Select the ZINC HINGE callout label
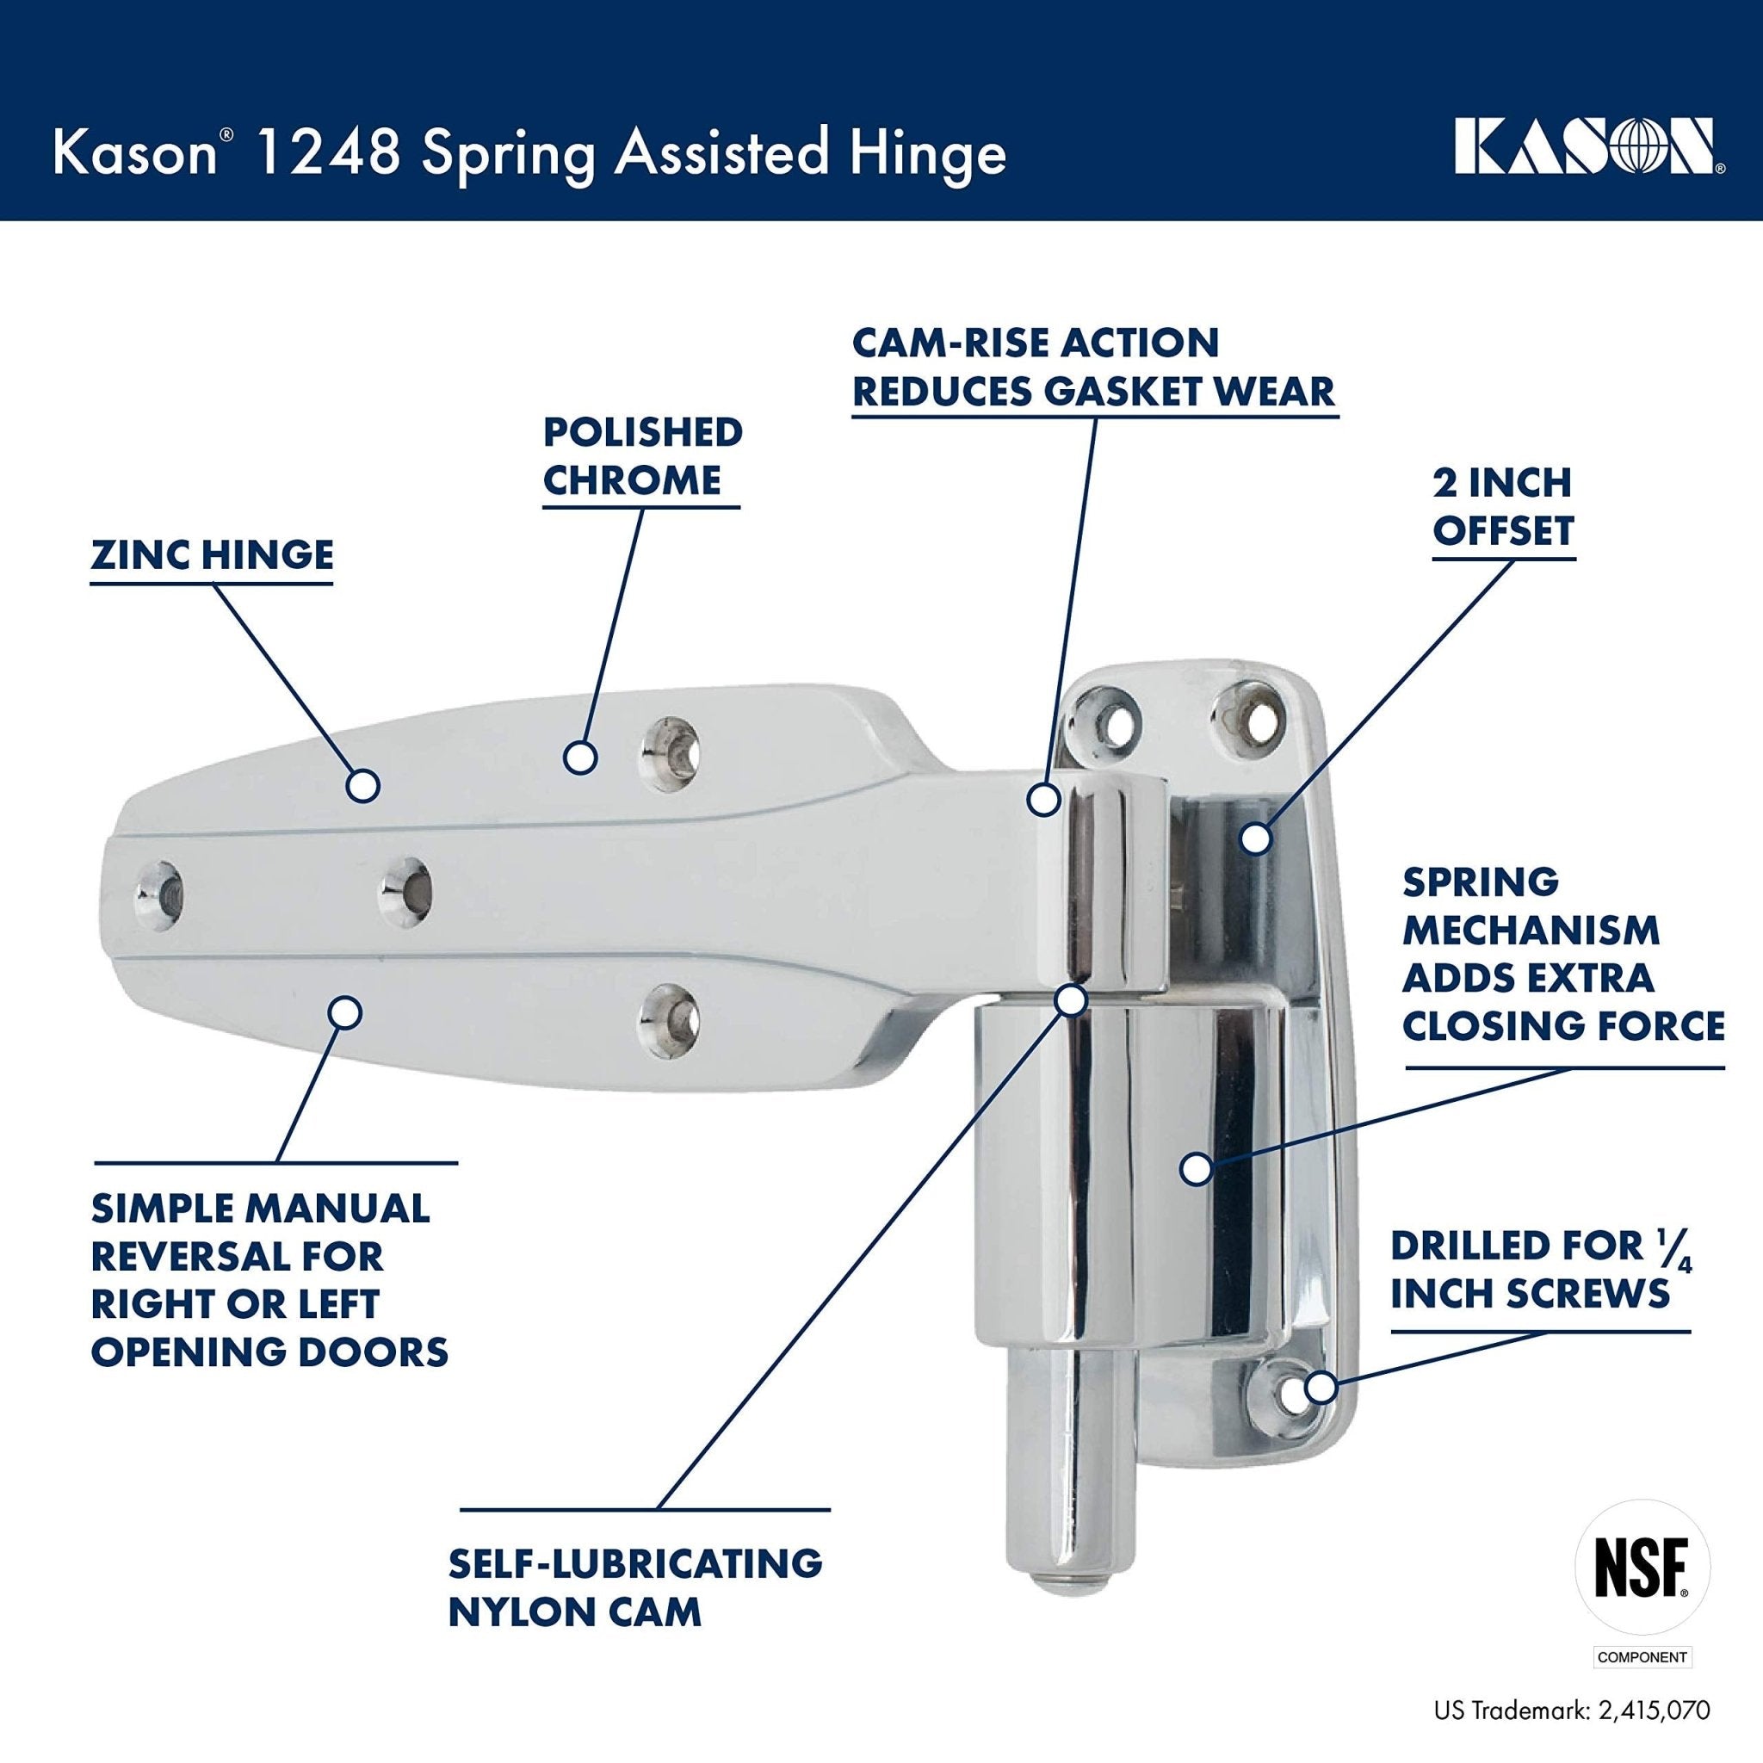tap(212, 555)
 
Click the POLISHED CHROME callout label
tap(641, 456)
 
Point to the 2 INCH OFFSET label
tap(1503, 506)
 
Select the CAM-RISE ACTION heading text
tap(1036, 343)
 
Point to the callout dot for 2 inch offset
tap(1256, 838)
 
